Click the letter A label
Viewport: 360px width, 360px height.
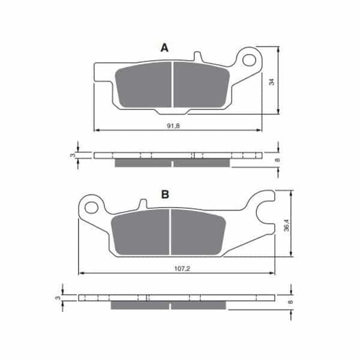164,48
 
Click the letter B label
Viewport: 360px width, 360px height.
165,194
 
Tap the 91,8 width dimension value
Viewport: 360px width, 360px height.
173,125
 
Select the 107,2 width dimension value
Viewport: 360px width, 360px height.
182,268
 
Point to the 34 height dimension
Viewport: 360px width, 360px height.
271,82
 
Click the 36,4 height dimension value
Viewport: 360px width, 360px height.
286,225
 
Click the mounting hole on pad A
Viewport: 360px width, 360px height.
250,60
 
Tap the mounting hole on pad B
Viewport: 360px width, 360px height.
91,208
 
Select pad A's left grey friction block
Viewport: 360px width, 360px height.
143,85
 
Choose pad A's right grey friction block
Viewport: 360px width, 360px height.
202,85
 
